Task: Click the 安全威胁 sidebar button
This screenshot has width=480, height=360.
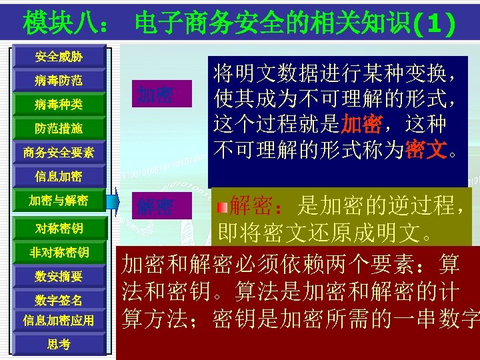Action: click(x=59, y=57)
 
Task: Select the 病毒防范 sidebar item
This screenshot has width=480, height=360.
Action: click(x=59, y=81)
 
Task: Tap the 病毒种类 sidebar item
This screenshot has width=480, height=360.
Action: click(x=59, y=105)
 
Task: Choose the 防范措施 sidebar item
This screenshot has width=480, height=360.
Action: click(x=59, y=128)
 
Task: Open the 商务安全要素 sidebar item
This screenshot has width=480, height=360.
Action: click(x=59, y=152)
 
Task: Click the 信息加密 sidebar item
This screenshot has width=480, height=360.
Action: click(x=59, y=176)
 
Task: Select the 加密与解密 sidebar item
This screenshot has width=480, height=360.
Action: click(x=59, y=200)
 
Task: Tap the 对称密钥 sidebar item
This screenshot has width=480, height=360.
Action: click(x=59, y=229)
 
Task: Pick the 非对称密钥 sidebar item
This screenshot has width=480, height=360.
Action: click(x=59, y=252)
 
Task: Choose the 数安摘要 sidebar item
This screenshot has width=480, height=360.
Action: click(x=59, y=276)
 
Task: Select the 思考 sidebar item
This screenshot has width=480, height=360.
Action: click(x=59, y=344)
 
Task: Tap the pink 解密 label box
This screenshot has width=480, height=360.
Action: click(x=157, y=207)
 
